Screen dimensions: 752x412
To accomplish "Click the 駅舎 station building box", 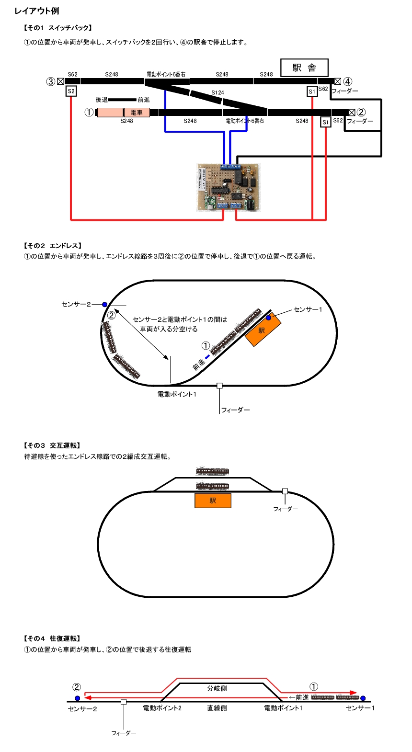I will (304, 68).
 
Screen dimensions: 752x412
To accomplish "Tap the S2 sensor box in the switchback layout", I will (71, 91).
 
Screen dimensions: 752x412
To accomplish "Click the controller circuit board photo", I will (229, 187).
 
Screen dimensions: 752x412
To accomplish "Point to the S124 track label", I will (217, 92).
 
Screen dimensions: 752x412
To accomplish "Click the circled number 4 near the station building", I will (348, 81).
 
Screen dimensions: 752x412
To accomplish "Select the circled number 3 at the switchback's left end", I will (50, 81).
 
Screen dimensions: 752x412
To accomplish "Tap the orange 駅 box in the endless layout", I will (263, 330).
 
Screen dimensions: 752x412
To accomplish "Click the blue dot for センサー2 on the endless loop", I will (104, 305).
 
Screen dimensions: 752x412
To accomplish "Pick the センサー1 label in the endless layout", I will (308, 309).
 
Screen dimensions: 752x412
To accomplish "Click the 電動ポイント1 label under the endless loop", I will (177, 394).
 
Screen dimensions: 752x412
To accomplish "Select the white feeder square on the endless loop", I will (219, 386).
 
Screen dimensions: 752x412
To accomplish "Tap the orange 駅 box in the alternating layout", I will (213, 501).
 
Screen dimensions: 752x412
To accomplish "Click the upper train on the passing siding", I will (212, 471).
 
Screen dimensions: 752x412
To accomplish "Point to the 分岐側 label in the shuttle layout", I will (217, 688).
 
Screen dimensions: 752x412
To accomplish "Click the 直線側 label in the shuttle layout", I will (217, 708).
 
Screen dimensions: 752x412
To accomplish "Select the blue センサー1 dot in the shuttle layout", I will (363, 698).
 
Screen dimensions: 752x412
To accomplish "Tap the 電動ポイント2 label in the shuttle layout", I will (162, 708).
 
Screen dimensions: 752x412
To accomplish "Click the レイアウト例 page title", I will (37, 11).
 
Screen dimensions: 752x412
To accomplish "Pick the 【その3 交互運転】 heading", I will (52, 445).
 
